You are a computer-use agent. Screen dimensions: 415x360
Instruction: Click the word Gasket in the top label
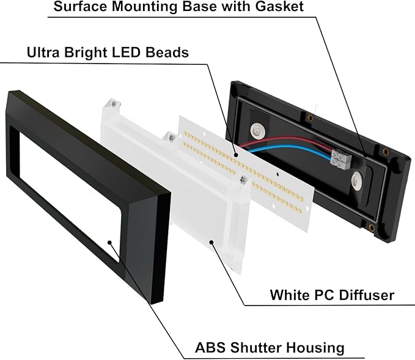[x=279, y=6]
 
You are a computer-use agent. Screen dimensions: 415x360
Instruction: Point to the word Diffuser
[x=367, y=295]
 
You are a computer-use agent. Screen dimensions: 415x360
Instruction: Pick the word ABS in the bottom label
[x=210, y=347]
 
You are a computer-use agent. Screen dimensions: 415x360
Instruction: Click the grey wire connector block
[x=341, y=158]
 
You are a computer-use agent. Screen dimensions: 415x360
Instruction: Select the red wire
[x=286, y=141]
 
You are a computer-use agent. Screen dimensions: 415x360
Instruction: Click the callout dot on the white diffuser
[x=211, y=241]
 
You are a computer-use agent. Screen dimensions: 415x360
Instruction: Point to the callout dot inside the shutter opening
[x=109, y=242]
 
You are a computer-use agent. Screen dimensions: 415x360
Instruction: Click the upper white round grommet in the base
[x=257, y=131]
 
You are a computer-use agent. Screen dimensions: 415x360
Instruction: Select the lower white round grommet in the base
[x=358, y=180]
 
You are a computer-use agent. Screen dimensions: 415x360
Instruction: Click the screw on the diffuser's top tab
[x=114, y=103]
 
